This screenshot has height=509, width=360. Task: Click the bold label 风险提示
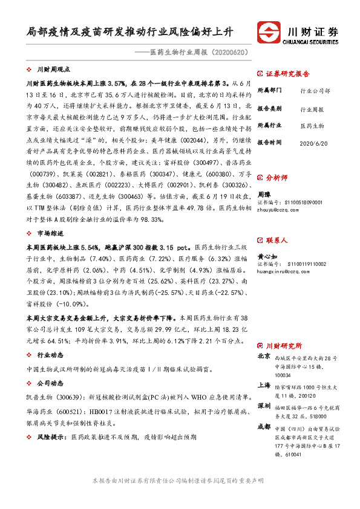pos(51,435)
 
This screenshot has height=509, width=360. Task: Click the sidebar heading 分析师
pos(277,179)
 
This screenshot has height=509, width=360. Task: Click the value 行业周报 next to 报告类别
pos(312,111)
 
